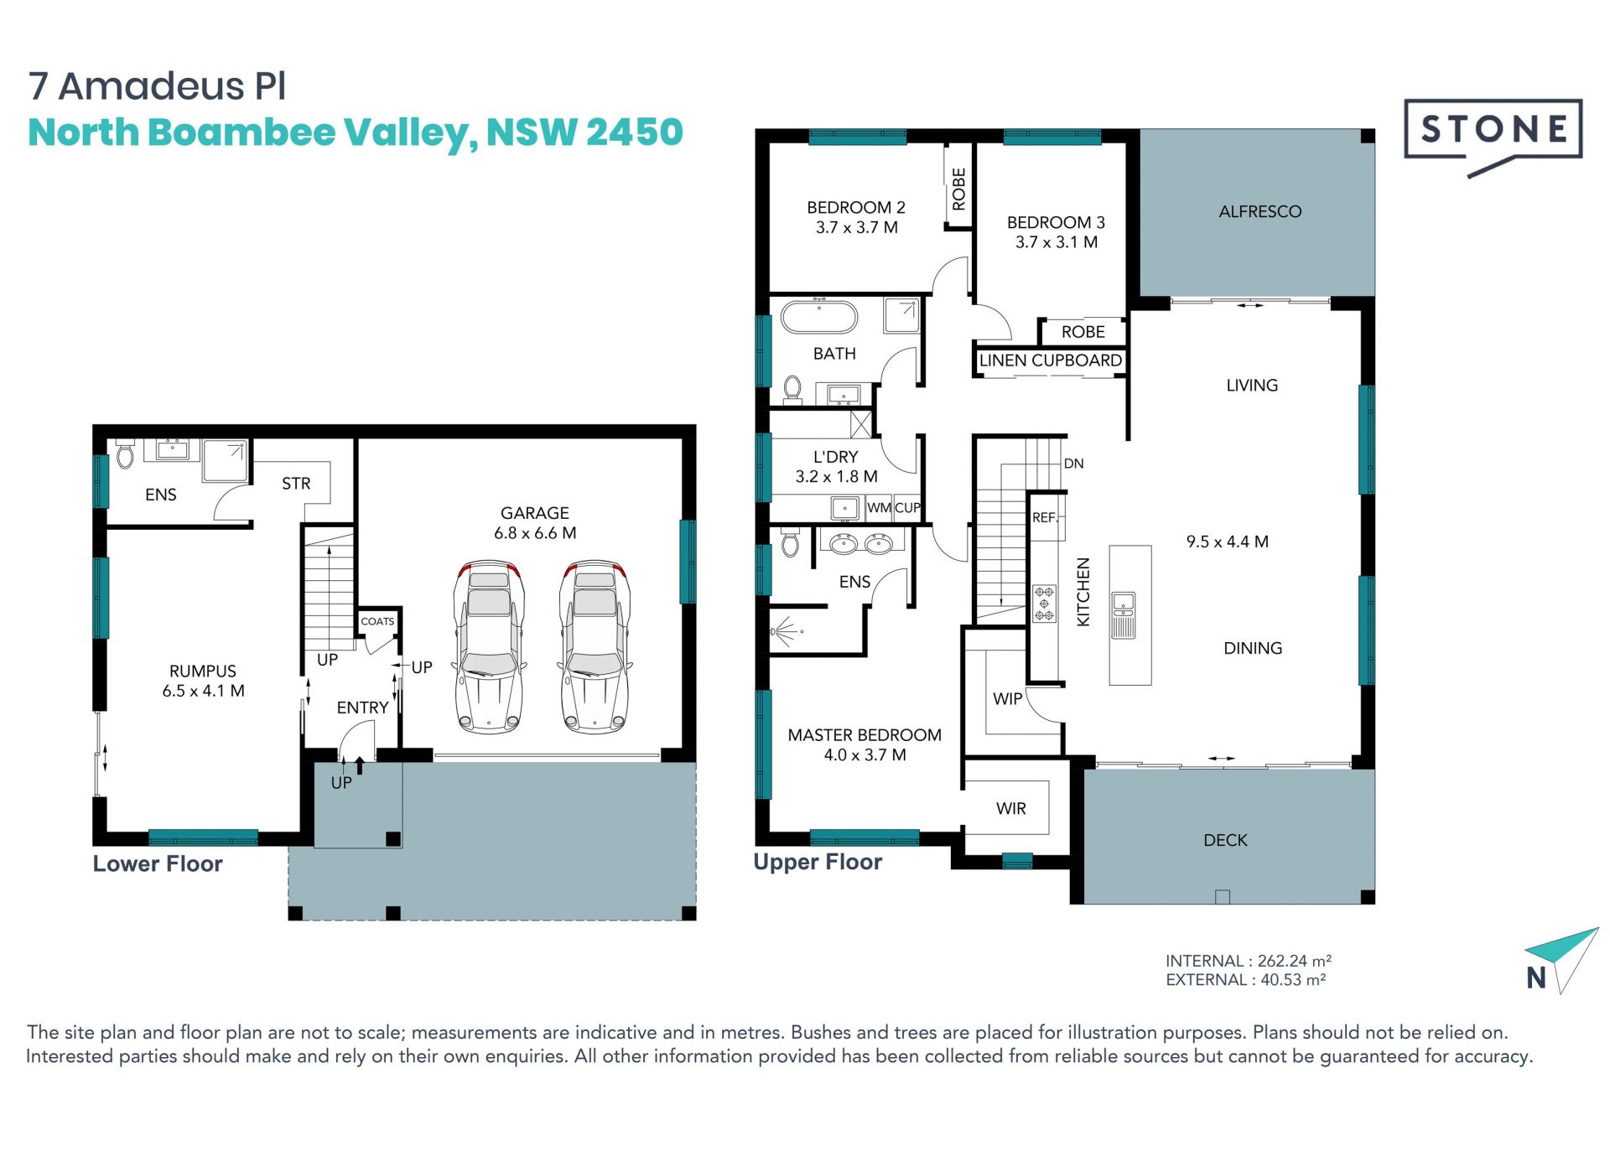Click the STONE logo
[1493, 134]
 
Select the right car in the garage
[595, 647]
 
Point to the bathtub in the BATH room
[819, 318]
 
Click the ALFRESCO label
[1259, 211]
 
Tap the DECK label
[1225, 840]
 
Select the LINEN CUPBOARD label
[1050, 360]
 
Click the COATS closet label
[377, 621]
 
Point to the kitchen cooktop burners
[1044, 603]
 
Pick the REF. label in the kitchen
[1045, 518]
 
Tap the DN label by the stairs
[1073, 464]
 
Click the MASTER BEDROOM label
[865, 735]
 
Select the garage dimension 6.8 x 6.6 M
[535, 533]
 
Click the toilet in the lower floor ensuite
[125, 454]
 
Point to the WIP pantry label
[1007, 699]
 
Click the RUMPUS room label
[203, 671]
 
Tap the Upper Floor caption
[818, 863]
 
